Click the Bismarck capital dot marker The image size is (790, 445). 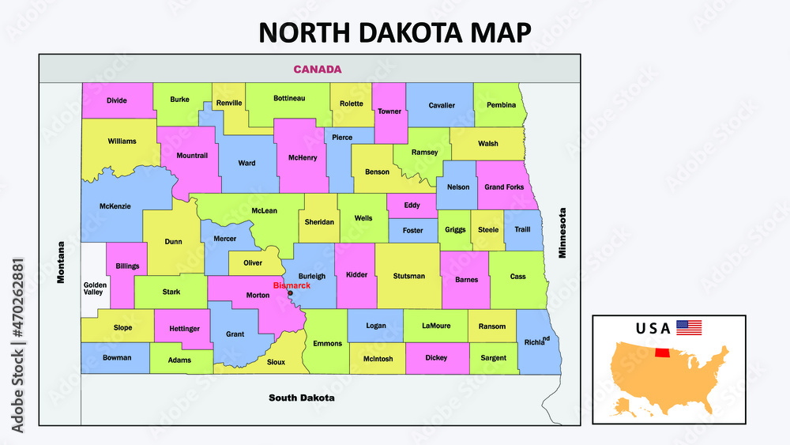(x=290, y=293)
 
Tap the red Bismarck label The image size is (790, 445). (x=292, y=285)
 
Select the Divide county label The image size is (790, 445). (x=116, y=100)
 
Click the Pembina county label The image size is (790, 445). (x=501, y=104)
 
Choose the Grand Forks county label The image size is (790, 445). (x=504, y=187)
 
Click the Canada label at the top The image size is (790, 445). (x=317, y=69)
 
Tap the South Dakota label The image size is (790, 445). (x=301, y=398)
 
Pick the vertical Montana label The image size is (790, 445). (x=61, y=262)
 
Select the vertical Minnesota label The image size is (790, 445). (x=563, y=233)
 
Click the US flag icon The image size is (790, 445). (x=689, y=327)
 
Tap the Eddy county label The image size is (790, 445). (x=412, y=206)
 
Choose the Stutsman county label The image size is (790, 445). (x=408, y=276)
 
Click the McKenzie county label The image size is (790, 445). (x=115, y=206)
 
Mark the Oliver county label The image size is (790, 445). (x=253, y=262)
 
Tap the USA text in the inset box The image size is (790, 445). (x=653, y=327)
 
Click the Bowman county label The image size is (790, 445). (x=116, y=357)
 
